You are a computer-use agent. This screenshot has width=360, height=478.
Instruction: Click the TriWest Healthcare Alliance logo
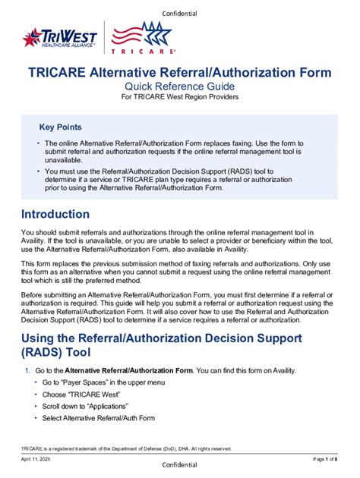pos(59,39)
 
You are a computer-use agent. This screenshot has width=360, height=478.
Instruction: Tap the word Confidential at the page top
pos(179,14)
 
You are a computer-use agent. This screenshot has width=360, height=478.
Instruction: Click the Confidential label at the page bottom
pos(179,464)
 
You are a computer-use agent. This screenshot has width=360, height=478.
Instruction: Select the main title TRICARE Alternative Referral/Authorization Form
pos(180,73)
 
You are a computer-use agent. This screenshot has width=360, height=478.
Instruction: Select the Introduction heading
pos(55,214)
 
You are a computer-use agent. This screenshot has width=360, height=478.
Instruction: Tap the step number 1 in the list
pos(27,370)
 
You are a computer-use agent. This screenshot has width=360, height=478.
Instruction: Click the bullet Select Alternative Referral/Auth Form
pos(99,418)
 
